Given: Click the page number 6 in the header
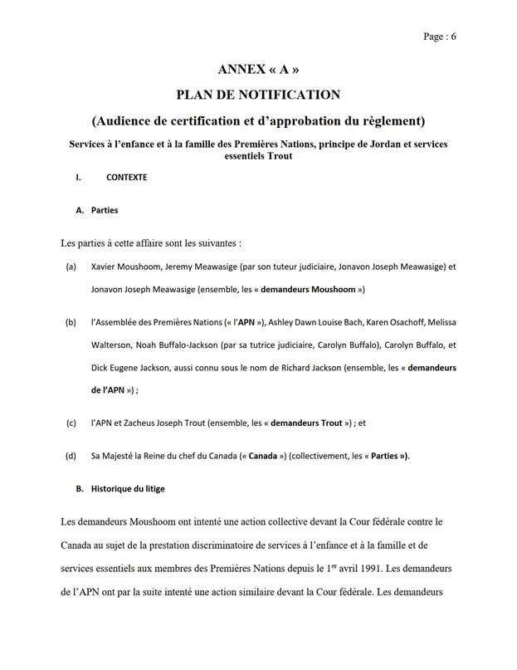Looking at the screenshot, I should [x=454, y=36].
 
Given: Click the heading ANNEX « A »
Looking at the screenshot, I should [x=258, y=69].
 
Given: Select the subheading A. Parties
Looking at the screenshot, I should [x=96, y=210].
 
